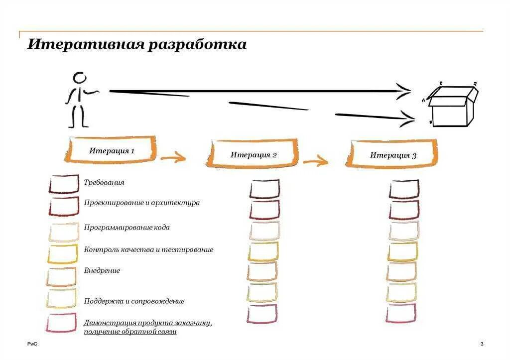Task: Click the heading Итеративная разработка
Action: point(137,44)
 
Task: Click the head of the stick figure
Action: point(79,78)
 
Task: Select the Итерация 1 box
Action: point(112,150)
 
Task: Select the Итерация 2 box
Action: point(253,154)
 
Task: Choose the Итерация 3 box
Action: point(392,155)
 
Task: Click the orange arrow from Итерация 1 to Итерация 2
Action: point(173,158)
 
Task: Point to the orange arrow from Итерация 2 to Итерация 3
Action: point(315,161)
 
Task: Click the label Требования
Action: point(104,183)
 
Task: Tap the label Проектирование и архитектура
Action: point(142,203)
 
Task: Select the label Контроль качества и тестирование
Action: point(148,249)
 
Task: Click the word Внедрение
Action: point(102,271)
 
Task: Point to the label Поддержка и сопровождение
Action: point(134,301)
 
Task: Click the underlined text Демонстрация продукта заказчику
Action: point(148,323)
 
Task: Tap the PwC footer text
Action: point(32,344)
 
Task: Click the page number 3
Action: point(482,344)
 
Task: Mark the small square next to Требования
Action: point(64,184)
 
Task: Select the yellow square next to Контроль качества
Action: point(63,253)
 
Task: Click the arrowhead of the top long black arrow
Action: point(404,91)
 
